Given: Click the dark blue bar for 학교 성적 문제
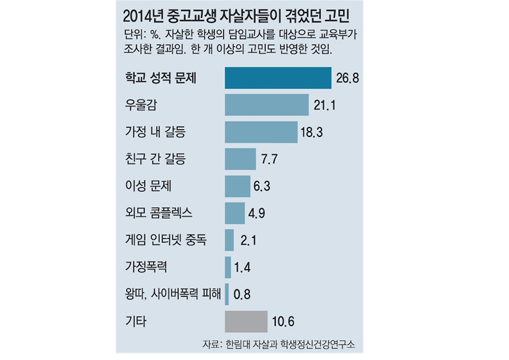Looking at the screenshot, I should point(278,78).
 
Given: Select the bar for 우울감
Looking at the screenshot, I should point(266,105).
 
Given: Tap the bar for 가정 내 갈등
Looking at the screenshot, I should point(261,132).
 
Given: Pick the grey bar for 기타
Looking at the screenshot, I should point(246,321).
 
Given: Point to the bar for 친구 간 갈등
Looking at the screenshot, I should point(240,159).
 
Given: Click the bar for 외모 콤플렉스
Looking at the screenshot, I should point(235,213).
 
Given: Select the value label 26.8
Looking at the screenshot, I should point(347,78).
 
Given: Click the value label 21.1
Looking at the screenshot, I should point(325,105).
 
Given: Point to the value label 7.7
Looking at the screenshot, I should point(269,159).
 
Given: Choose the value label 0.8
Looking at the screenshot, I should point(243,294).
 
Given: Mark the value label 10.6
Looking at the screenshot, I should point(284,321).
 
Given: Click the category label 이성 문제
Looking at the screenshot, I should point(148,186).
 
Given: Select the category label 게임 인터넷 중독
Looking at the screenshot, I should point(165,240).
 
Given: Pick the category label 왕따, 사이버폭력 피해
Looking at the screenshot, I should point(172,294).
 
